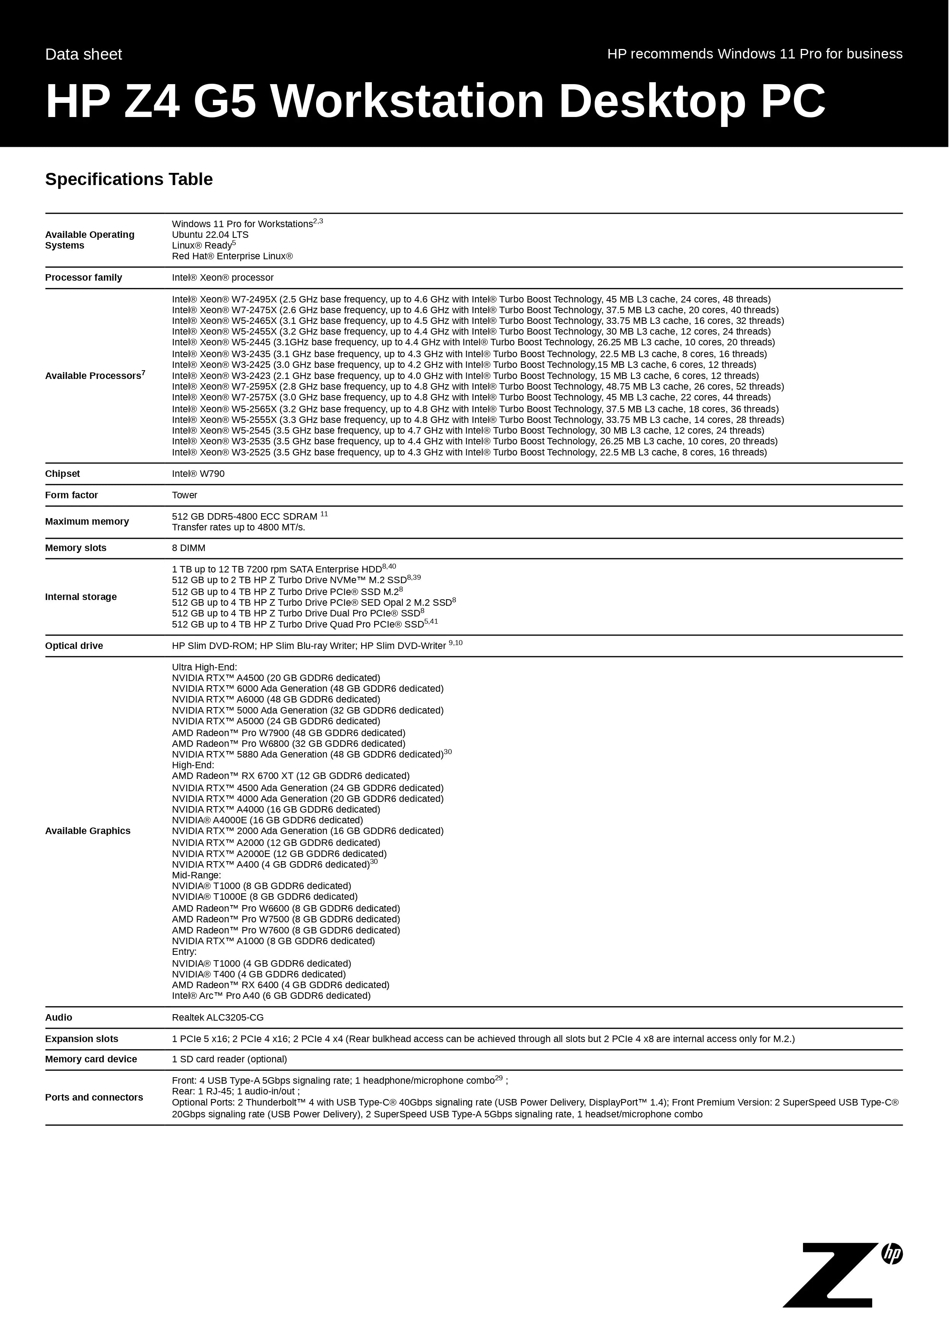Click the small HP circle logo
tap(892, 1254)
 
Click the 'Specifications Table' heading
tap(129, 179)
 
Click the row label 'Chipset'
tap(63, 474)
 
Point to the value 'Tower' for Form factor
tap(184, 495)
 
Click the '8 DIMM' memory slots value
tap(188, 548)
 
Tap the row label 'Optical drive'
tap(74, 646)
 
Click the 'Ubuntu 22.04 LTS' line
tap(210, 234)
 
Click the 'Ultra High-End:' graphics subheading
tap(204, 667)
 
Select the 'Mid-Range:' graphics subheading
tap(196, 875)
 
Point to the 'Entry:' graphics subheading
tap(184, 952)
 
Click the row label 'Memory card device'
tap(91, 1059)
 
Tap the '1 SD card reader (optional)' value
tap(229, 1059)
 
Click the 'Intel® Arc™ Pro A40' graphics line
tap(271, 995)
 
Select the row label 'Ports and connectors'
tap(94, 1097)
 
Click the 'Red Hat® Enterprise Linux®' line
tap(232, 256)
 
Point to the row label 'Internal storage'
tap(81, 597)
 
